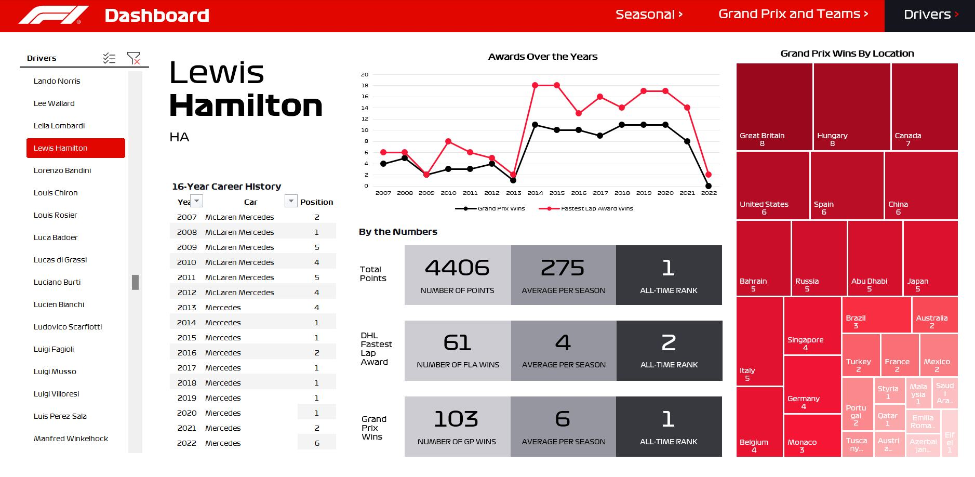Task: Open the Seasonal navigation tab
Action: [649, 15]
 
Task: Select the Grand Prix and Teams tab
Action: [793, 15]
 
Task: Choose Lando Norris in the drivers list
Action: [57, 81]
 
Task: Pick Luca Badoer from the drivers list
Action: [56, 237]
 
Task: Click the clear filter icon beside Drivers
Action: [133, 58]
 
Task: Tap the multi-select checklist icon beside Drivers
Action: [109, 58]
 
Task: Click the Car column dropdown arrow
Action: [291, 201]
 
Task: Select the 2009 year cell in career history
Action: [187, 247]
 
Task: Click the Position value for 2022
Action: [317, 443]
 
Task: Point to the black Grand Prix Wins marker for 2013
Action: [513, 180]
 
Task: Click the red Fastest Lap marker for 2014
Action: [535, 85]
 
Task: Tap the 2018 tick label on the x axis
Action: [622, 193]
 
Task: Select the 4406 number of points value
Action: [457, 268]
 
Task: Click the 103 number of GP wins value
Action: [456, 419]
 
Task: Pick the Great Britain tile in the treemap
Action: [774, 107]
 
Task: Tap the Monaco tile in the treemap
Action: [811, 435]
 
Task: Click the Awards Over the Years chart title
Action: [543, 57]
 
